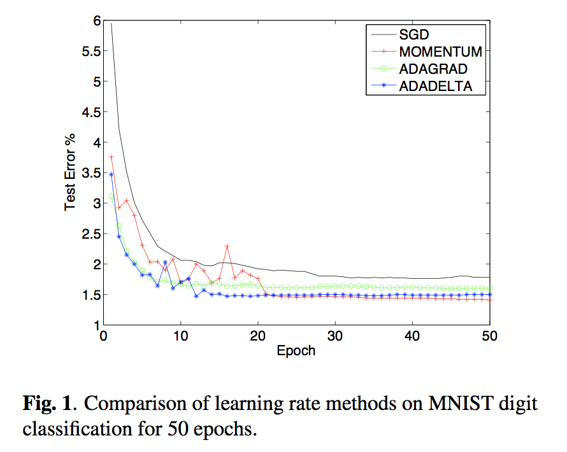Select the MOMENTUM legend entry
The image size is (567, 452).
click(x=440, y=52)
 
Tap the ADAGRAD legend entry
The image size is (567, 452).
click(x=434, y=69)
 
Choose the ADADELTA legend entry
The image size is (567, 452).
click(x=435, y=87)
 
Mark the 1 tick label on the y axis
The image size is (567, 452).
click(x=93, y=325)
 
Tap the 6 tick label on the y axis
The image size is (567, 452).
click(x=93, y=21)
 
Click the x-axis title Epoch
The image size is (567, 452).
click(x=296, y=351)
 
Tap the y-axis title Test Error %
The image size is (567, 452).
click(x=70, y=173)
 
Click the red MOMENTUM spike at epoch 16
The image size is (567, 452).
click(x=227, y=246)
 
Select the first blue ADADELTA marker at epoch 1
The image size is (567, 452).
click(x=111, y=174)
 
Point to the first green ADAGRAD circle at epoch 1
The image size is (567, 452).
click(x=111, y=197)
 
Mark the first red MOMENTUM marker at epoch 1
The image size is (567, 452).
click(x=111, y=157)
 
